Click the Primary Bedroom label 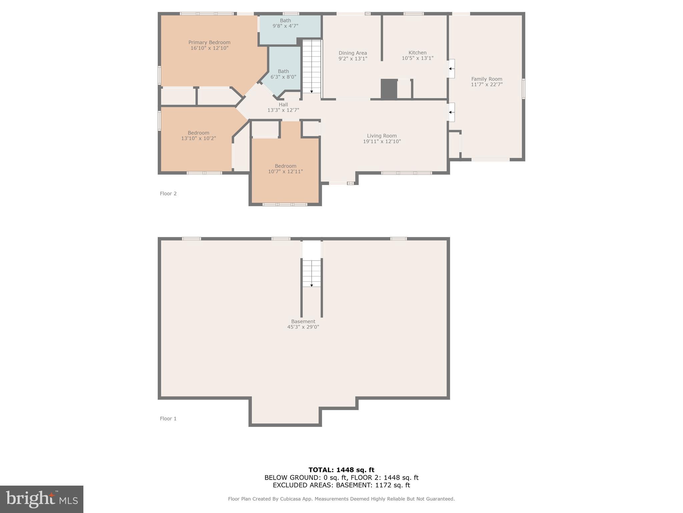pyautogui.click(x=209, y=45)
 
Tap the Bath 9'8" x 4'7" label pyautogui.click(x=285, y=23)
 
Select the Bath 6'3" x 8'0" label pyautogui.click(x=283, y=74)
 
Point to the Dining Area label pyautogui.click(x=353, y=55)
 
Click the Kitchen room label pyautogui.click(x=417, y=55)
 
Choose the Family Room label pyautogui.click(x=487, y=81)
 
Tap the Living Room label pyautogui.click(x=382, y=138)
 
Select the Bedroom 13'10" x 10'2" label pyautogui.click(x=198, y=135)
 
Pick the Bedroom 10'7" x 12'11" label pyautogui.click(x=285, y=169)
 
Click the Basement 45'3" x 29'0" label pyautogui.click(x=303, y=324)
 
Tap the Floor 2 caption pyautogui.click(x=168, y=193)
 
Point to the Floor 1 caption pyautogui.click(x=168, y=418)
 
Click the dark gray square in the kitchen pyautogui.click(x=389, y=89)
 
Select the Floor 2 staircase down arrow pyautogui.click(x=311, y=91)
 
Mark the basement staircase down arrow pyautogui.click(x=311, y=285)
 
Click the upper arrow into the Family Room pyautogui.click(x=451, y=69)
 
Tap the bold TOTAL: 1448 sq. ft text pyautogui.click(x=341, y=470)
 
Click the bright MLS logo pyautogui.click(x=42, y=499)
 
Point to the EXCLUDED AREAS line pyautogui.click(x=341, y=485)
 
